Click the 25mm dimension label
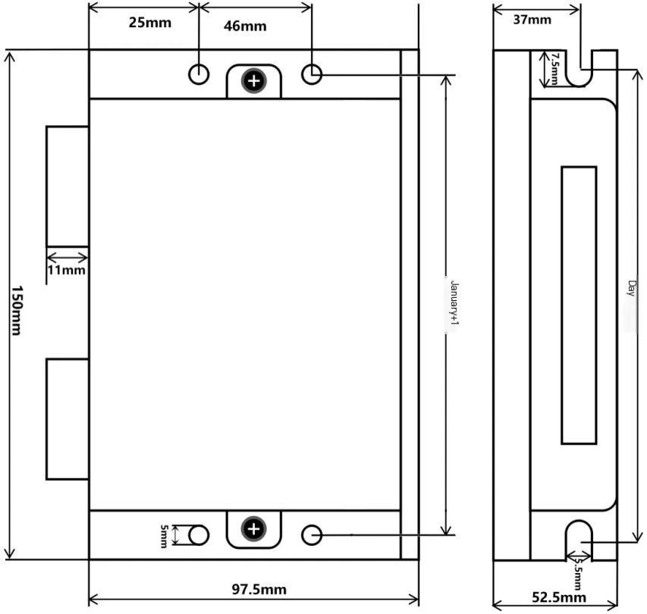coord(149,22)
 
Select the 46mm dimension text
coord(245,26)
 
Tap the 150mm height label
coord(17,310)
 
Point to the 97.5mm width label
coord(259,589)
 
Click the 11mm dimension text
coord(66,270)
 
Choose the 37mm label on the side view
coord(532,20)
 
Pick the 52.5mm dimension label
coord(559,597)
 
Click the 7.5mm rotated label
coord(554,68)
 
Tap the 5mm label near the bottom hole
coord(164,536)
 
